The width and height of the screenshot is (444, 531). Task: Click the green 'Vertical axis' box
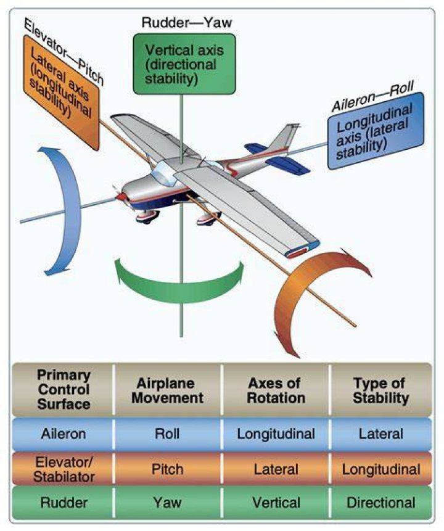tap(184, 64)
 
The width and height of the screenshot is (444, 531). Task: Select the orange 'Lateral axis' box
tap(61, 91)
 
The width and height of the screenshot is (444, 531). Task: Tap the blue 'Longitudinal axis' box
tap(376, 131)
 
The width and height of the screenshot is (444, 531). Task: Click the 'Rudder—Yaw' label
tap(187, 23)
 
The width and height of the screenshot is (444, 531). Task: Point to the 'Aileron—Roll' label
tap(372, 97)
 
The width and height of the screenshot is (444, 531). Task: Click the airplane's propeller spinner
tap(119, 196)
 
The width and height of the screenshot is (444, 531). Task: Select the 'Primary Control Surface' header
tap(64, 389)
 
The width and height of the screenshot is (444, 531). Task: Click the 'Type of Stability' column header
tap(380, 390)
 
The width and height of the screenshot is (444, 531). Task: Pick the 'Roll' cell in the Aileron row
tap(167, 434)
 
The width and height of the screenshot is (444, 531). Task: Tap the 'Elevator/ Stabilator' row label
tap(64, 469)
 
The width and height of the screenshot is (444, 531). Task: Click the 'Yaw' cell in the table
tap(167, 502)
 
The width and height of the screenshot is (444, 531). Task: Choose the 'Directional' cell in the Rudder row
tap(380, 503)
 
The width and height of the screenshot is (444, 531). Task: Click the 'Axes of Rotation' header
tap(276, 390)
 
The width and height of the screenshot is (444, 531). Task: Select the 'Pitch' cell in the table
tap(167, 469)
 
